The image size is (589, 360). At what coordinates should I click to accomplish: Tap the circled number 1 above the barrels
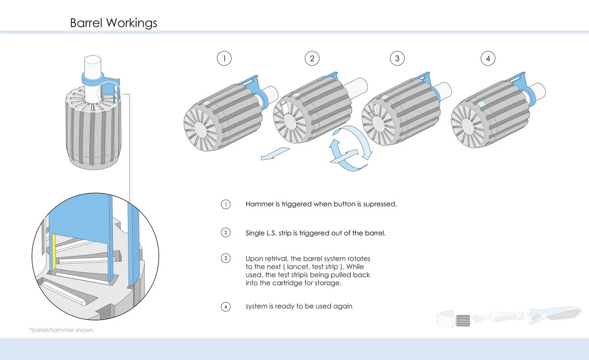point(224,59)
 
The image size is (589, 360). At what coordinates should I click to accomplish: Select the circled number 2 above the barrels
point(312,59)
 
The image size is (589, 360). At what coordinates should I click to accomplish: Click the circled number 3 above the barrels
point(397,59)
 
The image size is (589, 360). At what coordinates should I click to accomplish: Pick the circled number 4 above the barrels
point(488,59)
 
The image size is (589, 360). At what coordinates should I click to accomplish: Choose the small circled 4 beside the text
point(226,307)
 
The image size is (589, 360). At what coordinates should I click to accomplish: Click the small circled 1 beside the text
point(226,205)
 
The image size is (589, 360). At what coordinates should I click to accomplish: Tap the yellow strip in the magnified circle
point(54,253)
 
